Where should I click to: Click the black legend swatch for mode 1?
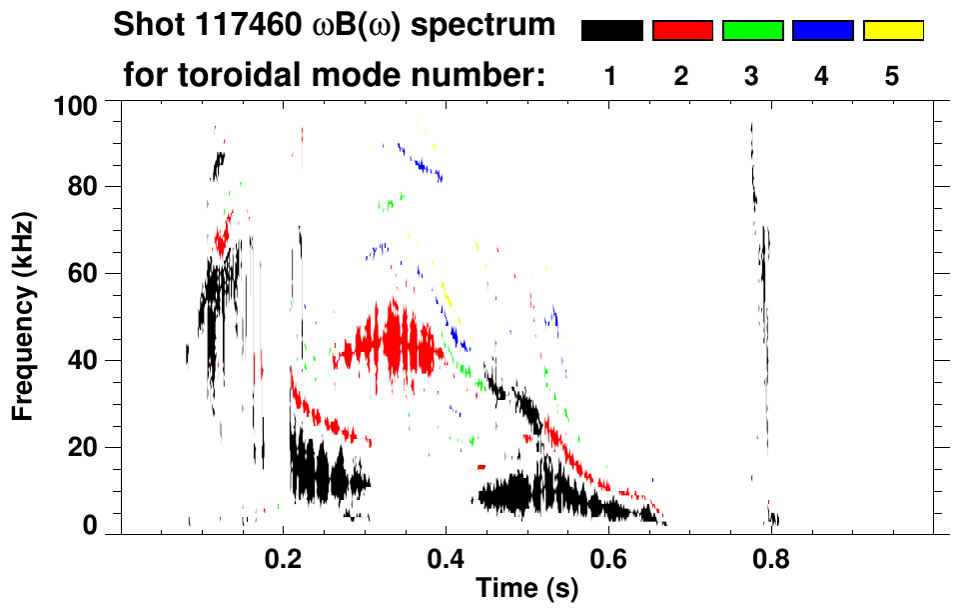click(611, 31)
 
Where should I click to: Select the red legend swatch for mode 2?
click(682, 31)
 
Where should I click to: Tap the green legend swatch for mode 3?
click(752, 31)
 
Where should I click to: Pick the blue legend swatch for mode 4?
click(822, 31)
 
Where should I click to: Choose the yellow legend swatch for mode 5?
click(892, 31)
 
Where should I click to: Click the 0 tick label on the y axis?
click(91, 525)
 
